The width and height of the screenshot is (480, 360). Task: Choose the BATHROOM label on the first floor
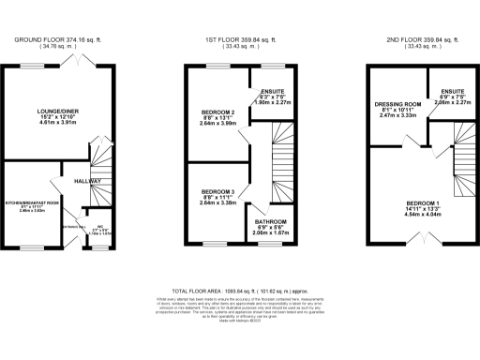[272, 222]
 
